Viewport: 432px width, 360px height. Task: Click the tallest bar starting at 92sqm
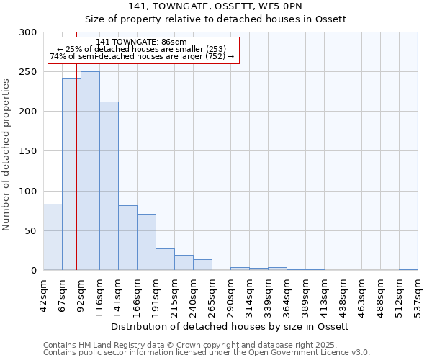click(x=90, y=171)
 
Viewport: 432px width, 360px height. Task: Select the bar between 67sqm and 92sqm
click(x=71, y=174)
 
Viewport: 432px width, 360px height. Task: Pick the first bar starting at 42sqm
click(x=53, y=237)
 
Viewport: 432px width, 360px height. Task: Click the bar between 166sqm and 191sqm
click(x=146, y=242)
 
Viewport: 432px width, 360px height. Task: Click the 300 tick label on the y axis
click(x=28, y=32)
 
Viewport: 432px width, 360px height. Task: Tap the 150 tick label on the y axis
click(x=28, y=151)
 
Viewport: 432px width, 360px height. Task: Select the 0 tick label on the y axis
click(x=33, y=271)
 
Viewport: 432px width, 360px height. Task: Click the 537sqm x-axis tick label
click(x=418, y=296)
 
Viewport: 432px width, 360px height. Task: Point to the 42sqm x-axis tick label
click(x=43, y=296)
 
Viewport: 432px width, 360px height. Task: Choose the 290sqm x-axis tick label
click(x=230, y=296)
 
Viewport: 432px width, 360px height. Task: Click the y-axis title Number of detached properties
click(x=6, y=156)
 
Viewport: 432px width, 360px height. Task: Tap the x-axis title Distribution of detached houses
click(x=230, y=326)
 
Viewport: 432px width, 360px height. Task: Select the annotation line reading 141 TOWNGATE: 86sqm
click(x=141, y=42)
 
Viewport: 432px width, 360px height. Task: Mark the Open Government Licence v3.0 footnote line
click(x=207, y=352)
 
